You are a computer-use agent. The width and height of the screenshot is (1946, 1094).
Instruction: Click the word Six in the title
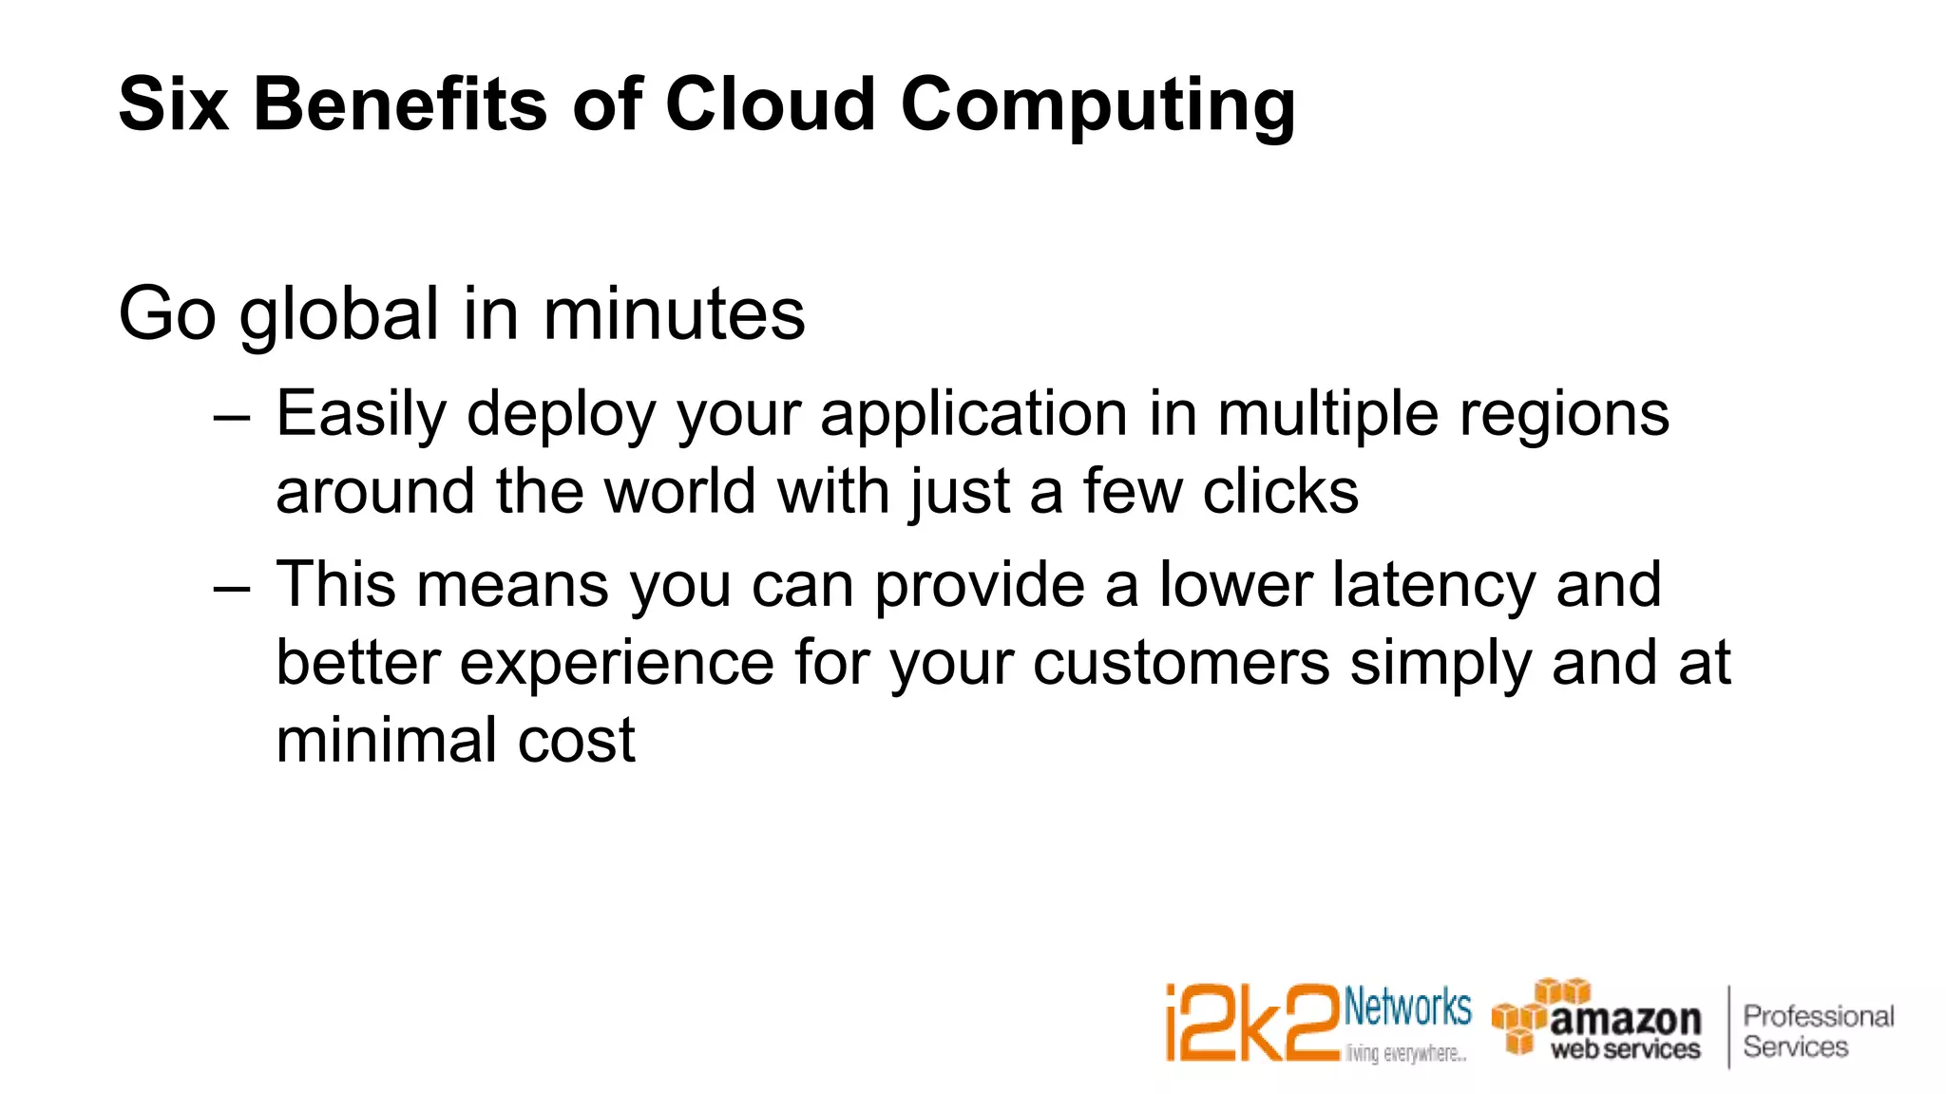click(173, 104)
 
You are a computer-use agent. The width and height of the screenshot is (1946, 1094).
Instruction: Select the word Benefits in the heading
click(400, 104)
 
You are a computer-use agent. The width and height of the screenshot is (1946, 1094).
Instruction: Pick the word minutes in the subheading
click(674, 313)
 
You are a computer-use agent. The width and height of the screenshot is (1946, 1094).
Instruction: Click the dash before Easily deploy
click(233, 416)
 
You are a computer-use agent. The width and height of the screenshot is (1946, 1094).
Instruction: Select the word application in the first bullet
click(975, 416)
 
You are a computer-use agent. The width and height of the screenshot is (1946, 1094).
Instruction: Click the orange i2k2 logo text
click(1251, 1024)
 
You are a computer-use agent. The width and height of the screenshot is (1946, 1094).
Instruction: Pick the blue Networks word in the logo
click(1407, 1008)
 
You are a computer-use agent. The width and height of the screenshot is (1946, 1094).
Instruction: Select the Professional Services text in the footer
click(1817, 1031)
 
